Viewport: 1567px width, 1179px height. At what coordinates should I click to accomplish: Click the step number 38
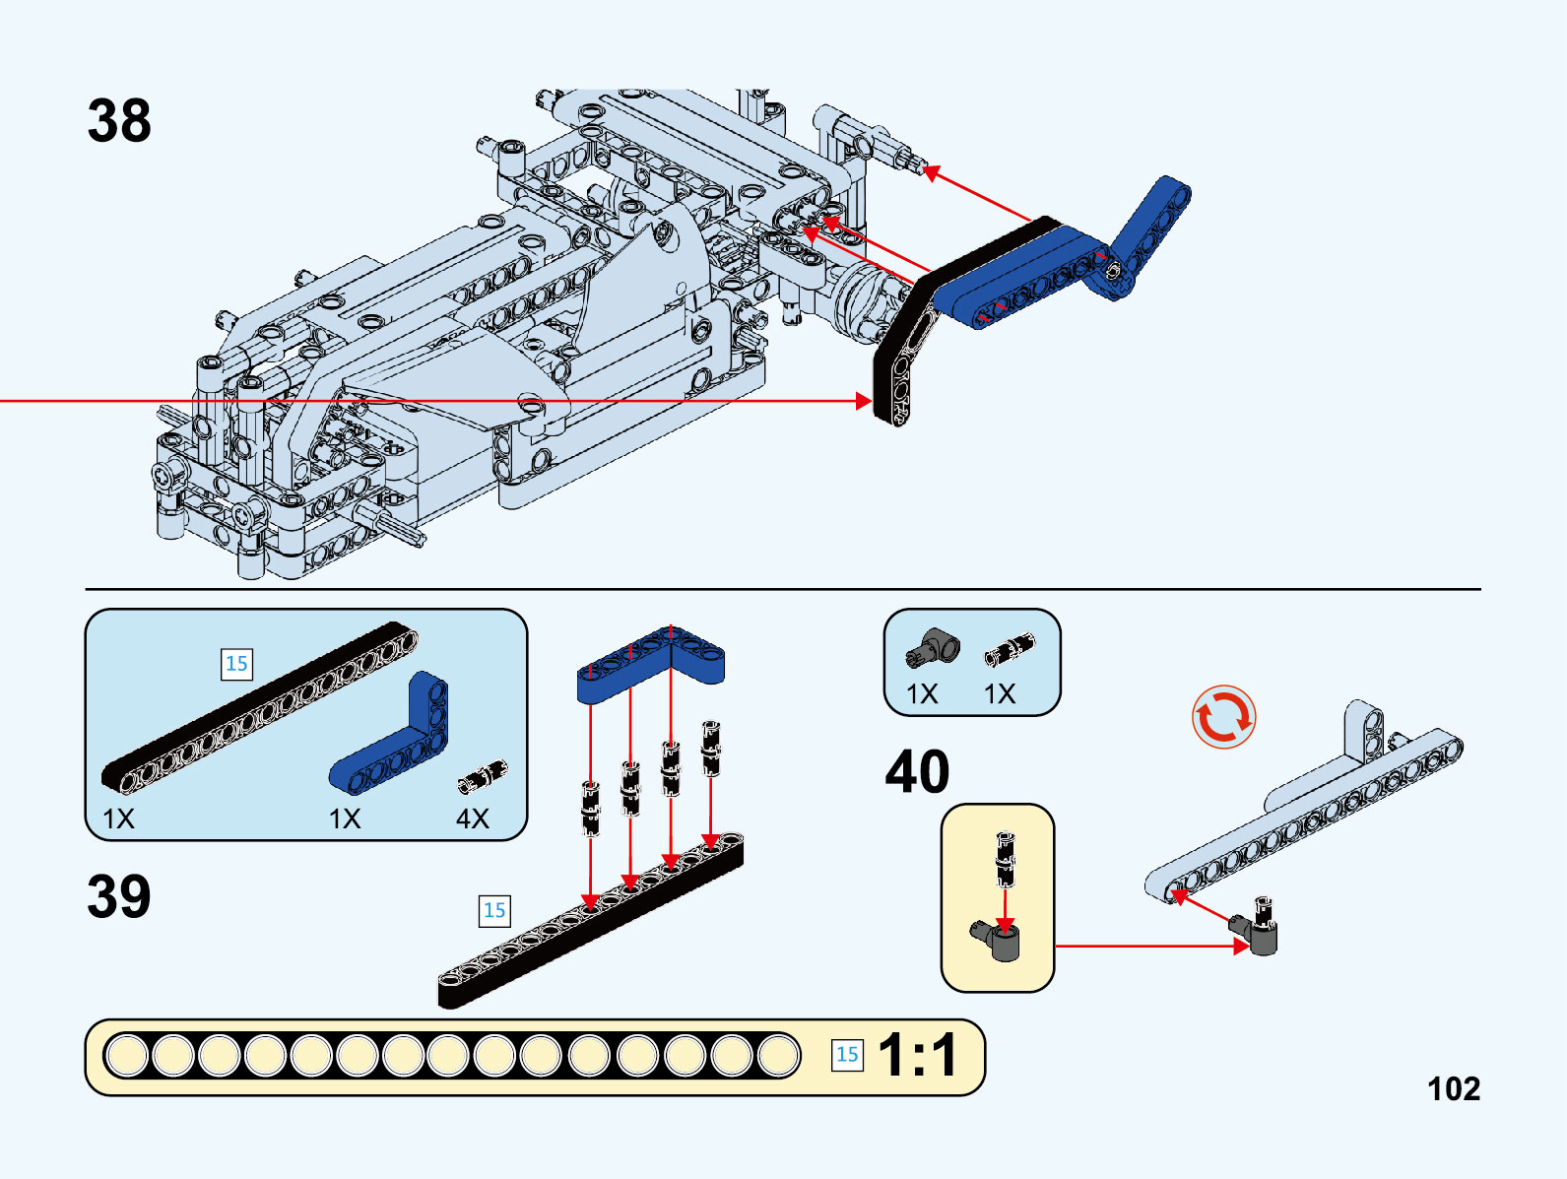coord(119,121)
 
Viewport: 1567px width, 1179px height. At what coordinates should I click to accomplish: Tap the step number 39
coord(119,896)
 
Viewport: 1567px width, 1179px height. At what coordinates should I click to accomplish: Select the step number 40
coord(917,771)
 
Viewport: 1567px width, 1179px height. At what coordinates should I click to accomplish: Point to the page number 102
coord(1454,1088)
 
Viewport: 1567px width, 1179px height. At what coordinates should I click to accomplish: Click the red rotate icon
coord(1223,717)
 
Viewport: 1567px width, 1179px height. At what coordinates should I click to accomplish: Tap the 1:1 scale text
coord(917,1055)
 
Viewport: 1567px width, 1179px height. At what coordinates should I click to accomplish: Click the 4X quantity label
coord(473,819)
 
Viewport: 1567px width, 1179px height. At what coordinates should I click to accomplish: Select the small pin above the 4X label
coord(483,776)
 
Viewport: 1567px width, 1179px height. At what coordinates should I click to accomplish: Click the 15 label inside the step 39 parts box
coord(236,664)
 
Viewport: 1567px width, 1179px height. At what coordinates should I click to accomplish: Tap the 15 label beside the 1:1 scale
coord(847,1055)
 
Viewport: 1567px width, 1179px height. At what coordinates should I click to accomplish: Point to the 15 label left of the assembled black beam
coord(494,910)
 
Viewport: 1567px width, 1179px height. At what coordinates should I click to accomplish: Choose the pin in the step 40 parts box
coord(1010,649)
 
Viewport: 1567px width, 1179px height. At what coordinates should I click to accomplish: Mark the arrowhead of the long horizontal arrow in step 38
coord(864,401)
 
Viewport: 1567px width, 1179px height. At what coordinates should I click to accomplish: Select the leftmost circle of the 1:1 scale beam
coord(126,1056)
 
